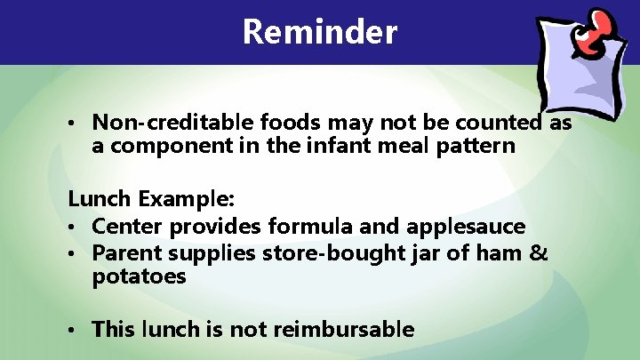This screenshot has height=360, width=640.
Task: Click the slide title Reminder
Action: tap(319, 32)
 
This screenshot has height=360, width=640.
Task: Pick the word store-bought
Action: tap(323, 254)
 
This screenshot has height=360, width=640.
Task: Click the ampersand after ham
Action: tap(540, 254)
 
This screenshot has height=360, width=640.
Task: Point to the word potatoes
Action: tap(139, 277)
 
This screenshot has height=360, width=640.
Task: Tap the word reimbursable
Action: tap(344, 330)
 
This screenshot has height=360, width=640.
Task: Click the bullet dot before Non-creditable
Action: tap(76, 124)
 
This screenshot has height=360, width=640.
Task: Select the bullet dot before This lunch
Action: tap(76, 331)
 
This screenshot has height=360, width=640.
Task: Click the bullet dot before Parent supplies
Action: tap(76, 255)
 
